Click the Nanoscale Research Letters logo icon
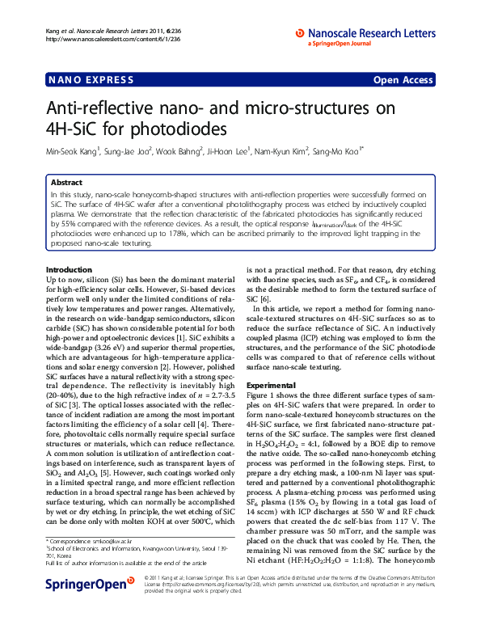pyautogui.click(x=300, y=33)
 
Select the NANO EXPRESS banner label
pyautogui.click(x=87, y=80)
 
